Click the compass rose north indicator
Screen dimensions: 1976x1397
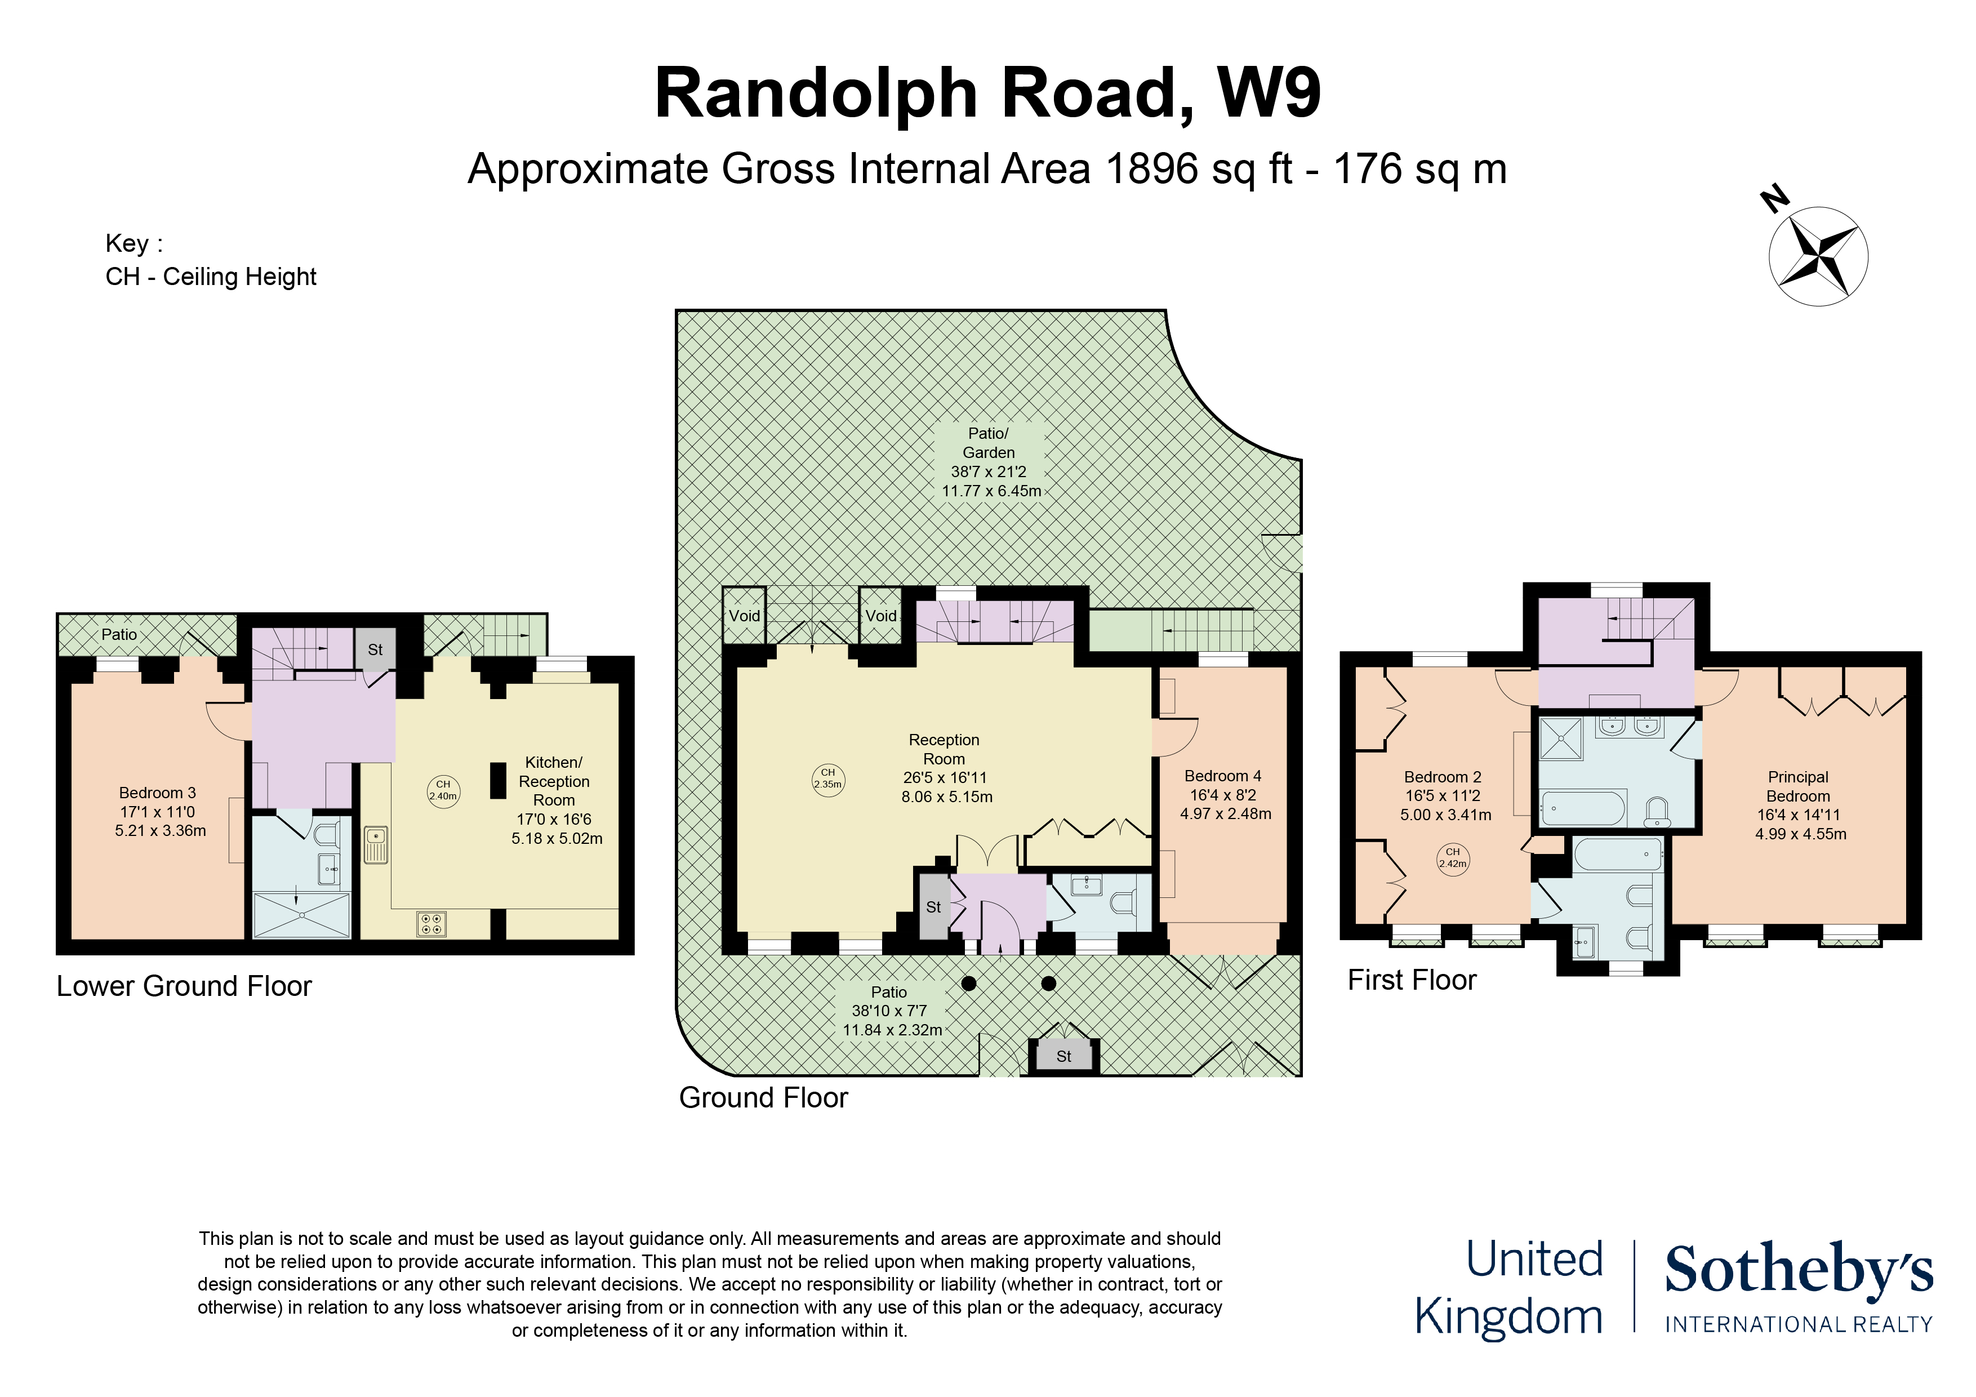pyautogui.click(x=1818, y=256)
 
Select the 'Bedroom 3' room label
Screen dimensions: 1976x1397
pyautogui.click(x=158, y=793)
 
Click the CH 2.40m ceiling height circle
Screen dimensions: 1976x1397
pyautogui.click(x=443, y=790)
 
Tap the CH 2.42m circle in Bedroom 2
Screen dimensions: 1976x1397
pyautogui.click(x=1453, y=858)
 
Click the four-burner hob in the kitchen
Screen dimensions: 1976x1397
pyautogui.click(x=431, y=924)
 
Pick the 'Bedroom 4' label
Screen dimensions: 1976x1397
pyautogui.click(x=1223, y=776)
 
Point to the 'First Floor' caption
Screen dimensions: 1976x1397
pyautogui.click(x=1412, y=980)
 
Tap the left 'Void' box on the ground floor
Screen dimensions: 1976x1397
pyautogui.click(x=745, y=616)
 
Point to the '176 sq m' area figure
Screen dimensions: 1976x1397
pyautogui.click(x=1420, y=170)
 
